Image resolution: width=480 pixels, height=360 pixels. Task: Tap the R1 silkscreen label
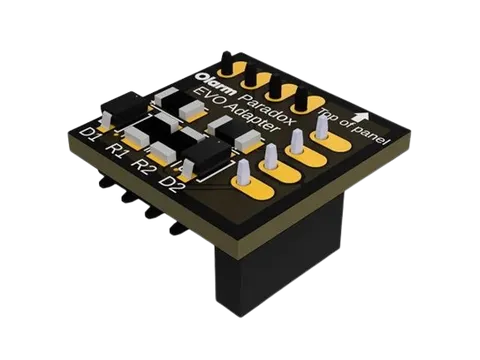(116, 151)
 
